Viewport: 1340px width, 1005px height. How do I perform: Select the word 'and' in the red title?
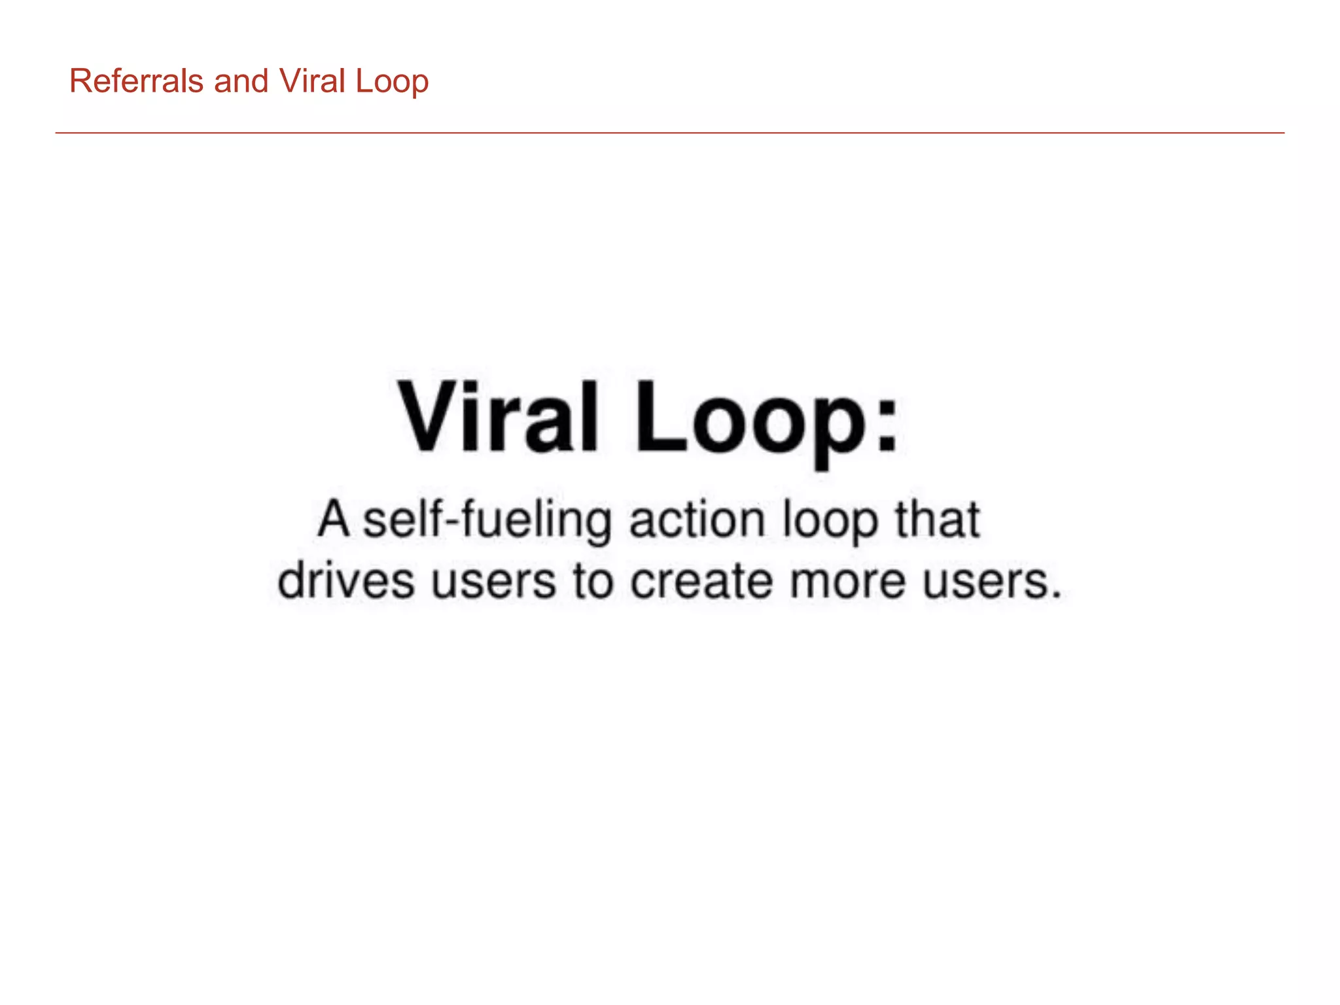[241, 82]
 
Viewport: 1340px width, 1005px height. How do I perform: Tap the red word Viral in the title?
[312, 82]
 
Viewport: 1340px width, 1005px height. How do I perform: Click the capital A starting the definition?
[334, 520]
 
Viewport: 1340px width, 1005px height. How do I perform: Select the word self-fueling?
[488, 521]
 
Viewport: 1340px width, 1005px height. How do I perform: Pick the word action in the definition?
[697, 521]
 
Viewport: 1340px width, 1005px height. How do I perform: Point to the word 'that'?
[937, 520]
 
